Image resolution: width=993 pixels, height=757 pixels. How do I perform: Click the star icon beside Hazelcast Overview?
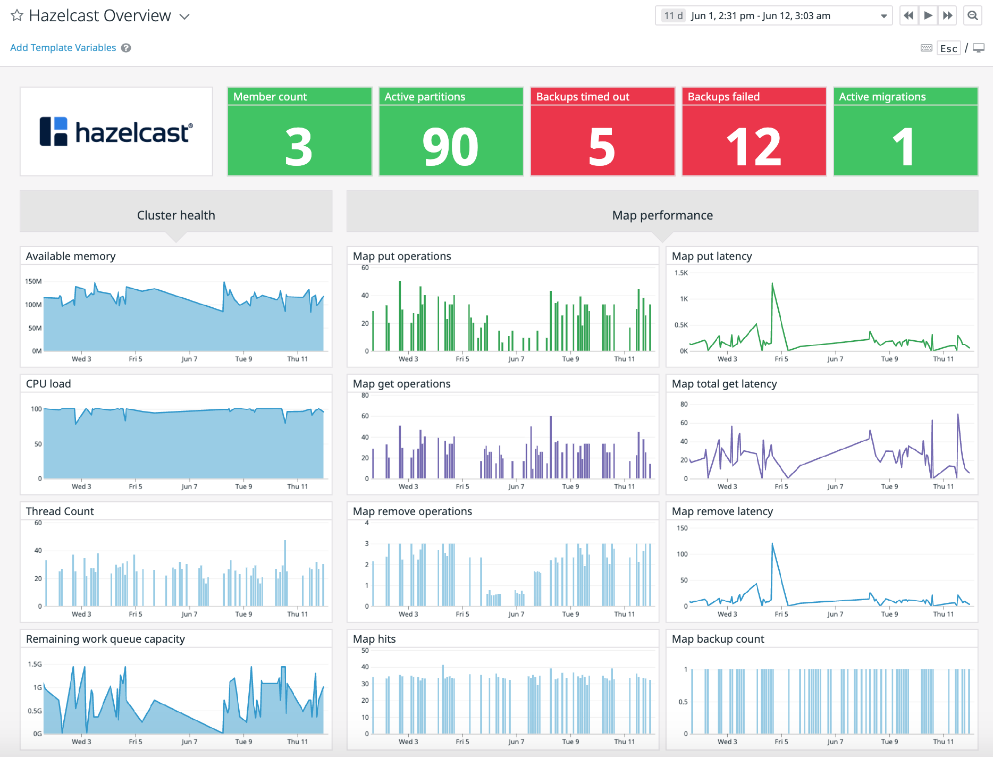point(17,15)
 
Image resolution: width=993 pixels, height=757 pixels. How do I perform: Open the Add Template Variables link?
point(63,48)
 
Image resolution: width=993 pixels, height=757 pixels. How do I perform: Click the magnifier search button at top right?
point(972,15)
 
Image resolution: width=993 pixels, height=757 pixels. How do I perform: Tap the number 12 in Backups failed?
point(754,147)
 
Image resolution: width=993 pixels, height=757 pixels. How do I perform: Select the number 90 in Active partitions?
point(450,147)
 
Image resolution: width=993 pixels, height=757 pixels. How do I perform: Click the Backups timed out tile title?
point(583,97)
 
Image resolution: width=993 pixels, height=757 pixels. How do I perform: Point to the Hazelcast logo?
point(116,132)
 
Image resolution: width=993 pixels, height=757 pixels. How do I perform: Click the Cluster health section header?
point(176,215)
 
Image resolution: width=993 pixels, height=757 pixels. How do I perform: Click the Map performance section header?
point(662,215)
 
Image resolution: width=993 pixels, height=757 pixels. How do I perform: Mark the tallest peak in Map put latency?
point(772,284)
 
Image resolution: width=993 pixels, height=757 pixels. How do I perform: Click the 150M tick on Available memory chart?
point(33,281)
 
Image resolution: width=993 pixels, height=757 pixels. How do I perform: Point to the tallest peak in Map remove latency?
point(772,544)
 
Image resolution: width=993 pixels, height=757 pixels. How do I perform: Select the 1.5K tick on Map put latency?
point(681,273)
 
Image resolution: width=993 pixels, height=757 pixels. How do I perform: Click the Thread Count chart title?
point(60,511)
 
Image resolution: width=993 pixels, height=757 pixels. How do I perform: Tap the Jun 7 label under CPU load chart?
point(189,486)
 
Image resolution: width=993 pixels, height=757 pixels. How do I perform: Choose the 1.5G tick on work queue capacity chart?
point(35,664)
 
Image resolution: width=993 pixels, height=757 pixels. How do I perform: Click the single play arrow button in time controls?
point(928,15)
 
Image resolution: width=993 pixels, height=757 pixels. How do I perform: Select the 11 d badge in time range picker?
point(673,16)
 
